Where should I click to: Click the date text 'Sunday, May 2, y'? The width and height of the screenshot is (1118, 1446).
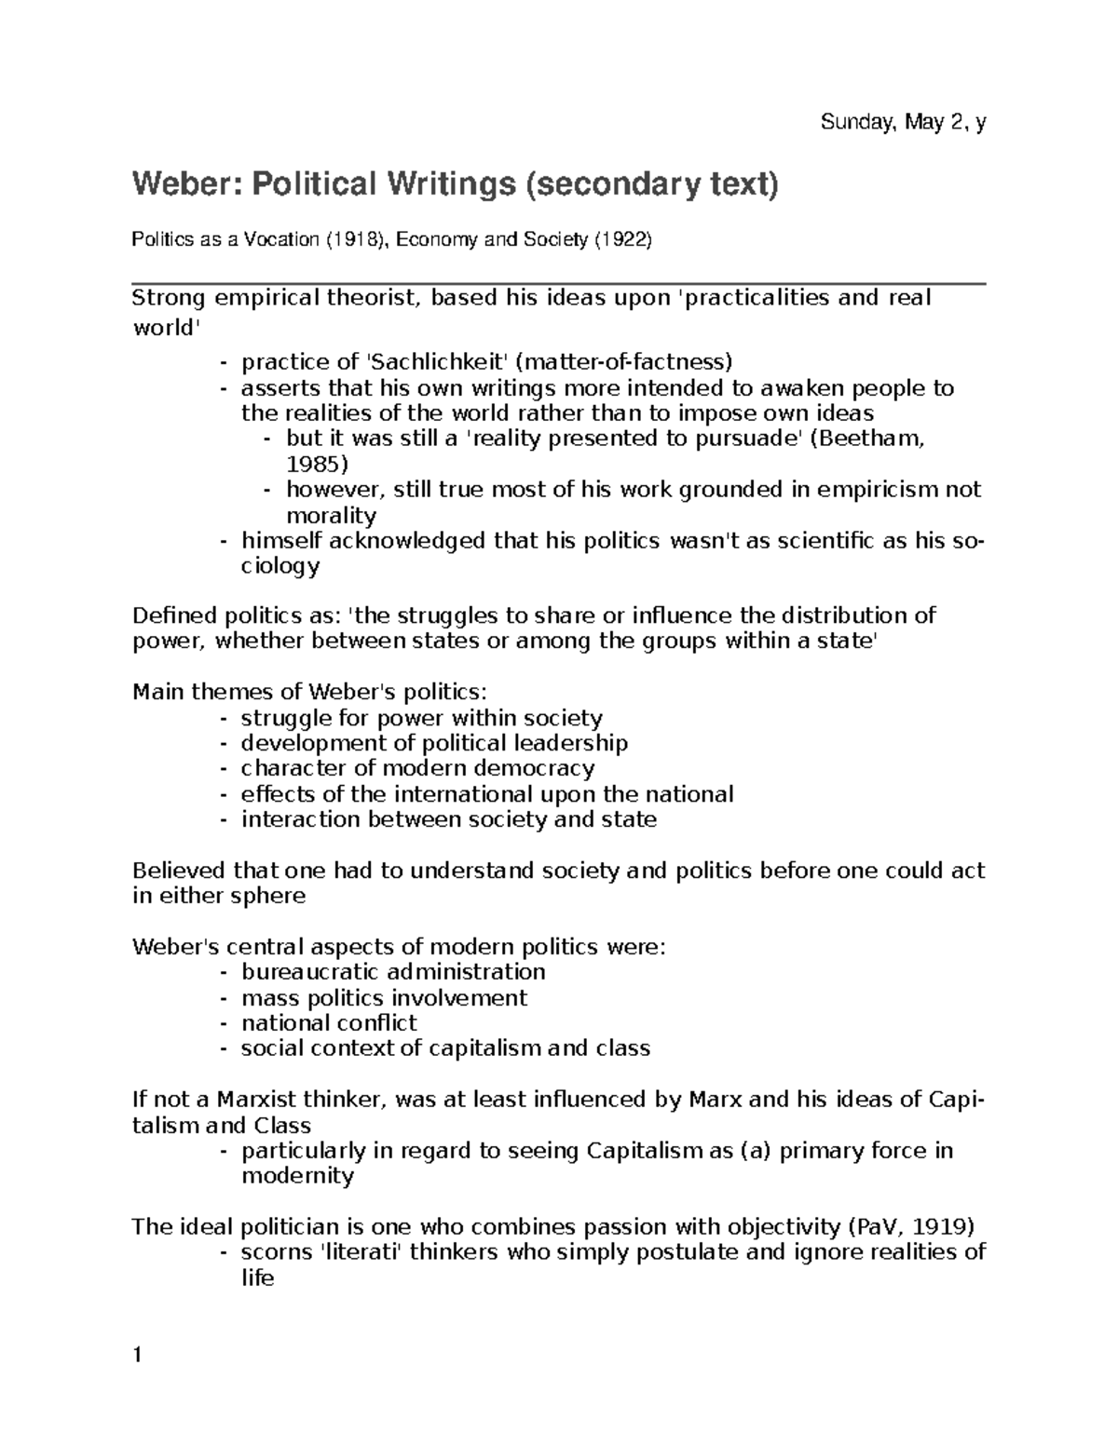coord(902,122)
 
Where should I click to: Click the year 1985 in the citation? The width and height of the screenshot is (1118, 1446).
coord(316,464)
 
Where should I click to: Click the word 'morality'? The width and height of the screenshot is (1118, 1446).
coord(331,515)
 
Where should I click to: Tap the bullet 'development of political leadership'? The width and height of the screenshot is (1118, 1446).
coord(434,743)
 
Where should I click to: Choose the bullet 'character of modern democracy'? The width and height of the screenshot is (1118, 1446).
coord(417,768)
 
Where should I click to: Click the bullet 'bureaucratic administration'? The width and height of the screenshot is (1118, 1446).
coord(393,972)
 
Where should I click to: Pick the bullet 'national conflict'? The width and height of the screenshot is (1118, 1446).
coord(329,1023)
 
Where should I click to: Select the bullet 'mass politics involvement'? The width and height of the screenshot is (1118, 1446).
coord(384,998)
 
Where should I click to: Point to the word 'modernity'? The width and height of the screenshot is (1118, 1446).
coord(297,1176)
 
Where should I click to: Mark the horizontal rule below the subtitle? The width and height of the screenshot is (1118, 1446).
coord(559,282)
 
